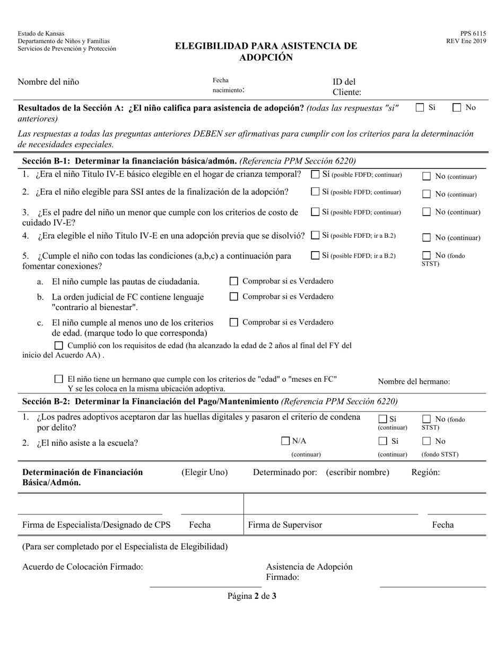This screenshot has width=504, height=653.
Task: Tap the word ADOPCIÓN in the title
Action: [266, 57]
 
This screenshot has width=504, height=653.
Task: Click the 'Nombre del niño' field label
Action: [48, 82]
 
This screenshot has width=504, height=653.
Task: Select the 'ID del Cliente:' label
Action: [347, 87]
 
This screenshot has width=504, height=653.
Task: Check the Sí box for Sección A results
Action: [420, 108]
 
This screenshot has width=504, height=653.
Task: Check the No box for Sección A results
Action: [457, 108]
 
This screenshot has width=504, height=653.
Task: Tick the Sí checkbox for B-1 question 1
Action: [315, 174]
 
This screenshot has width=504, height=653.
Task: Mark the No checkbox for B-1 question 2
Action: [427, 194]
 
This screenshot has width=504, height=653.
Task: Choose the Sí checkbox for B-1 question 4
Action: [315, 235]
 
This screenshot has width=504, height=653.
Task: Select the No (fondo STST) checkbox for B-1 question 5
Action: [427, 255]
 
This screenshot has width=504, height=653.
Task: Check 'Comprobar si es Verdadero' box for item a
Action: [233, 281]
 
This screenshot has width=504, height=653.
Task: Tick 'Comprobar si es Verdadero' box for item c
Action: [233, 322]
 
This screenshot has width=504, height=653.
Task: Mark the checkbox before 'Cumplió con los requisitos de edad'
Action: [59, 346]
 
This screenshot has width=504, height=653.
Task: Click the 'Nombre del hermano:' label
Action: [414, 381]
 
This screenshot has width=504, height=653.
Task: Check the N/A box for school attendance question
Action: [285, 441]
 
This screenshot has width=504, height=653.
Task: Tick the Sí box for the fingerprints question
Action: [383, 419]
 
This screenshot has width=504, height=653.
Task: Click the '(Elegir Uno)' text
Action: [205, 472]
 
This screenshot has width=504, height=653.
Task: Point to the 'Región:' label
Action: [425, 472]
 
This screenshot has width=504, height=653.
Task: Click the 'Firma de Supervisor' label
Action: [285, 525]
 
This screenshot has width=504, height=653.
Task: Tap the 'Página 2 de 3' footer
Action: [252, 596]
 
